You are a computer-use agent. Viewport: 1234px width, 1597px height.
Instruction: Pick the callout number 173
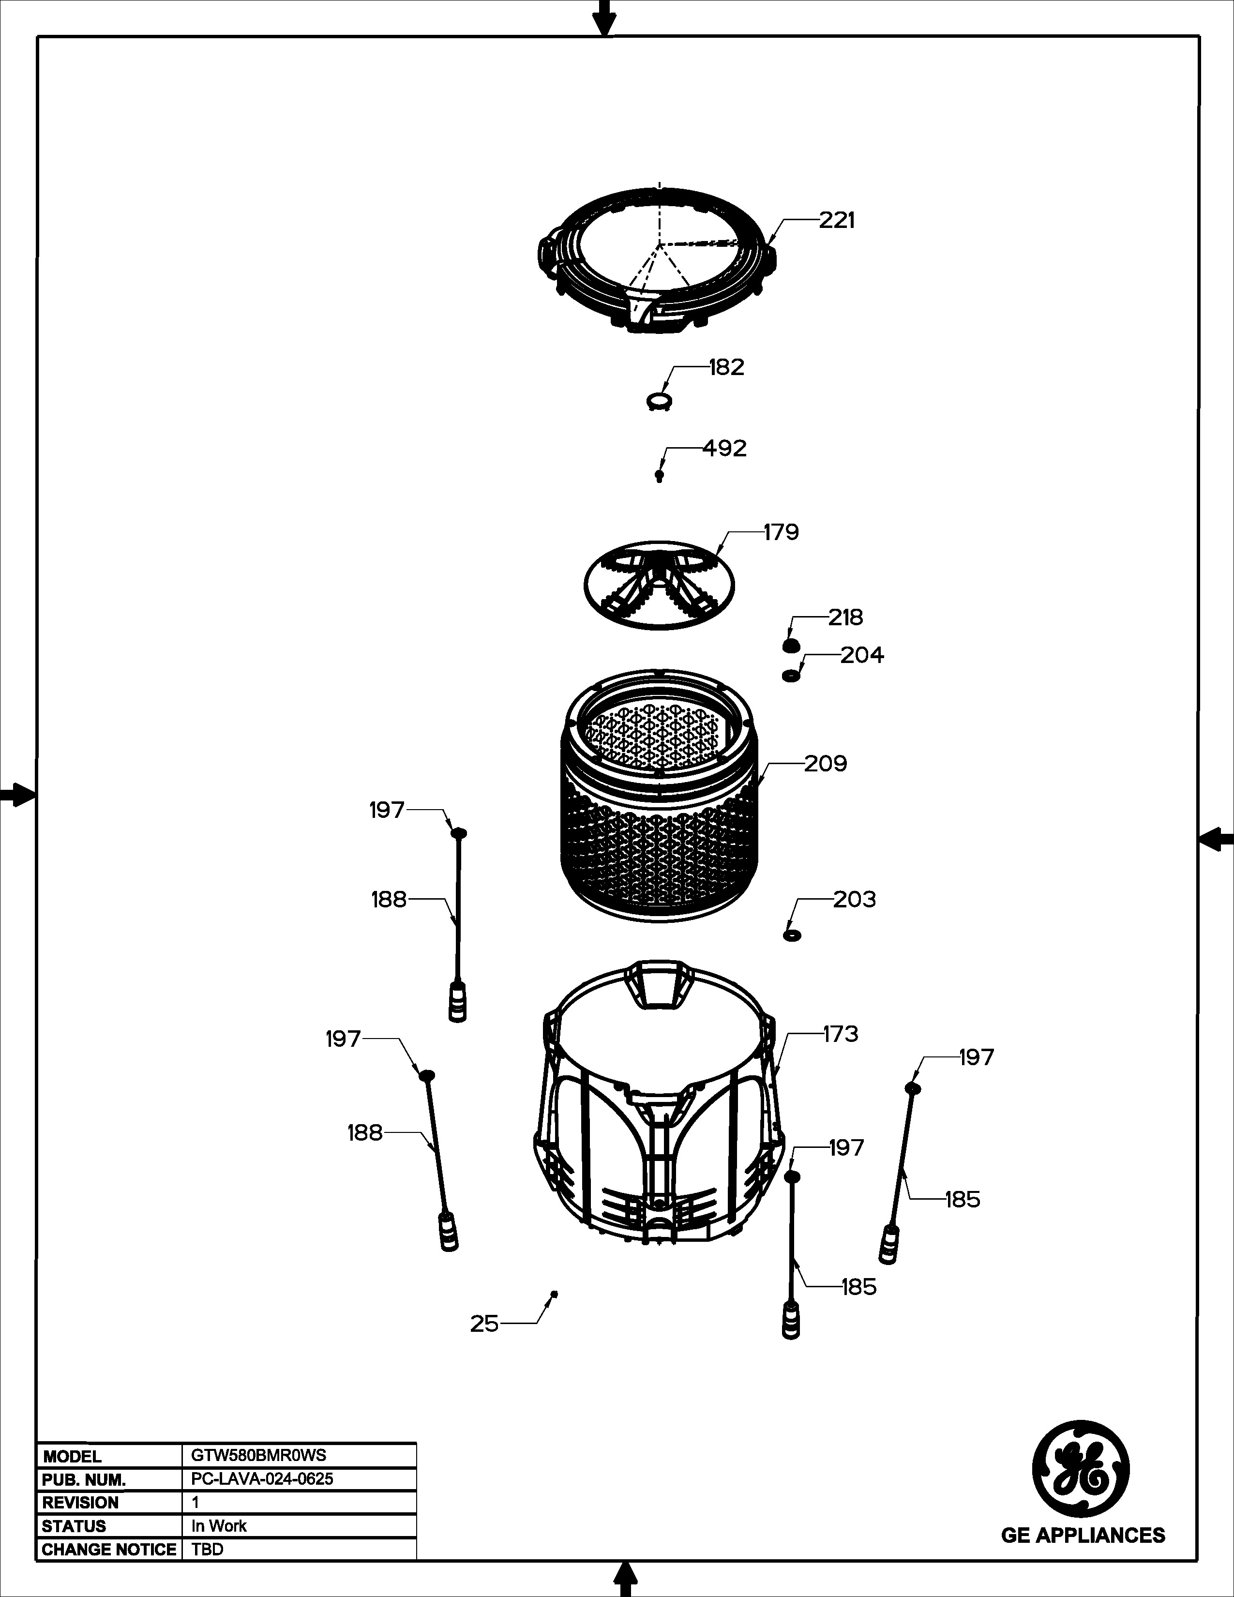pos(840,1034)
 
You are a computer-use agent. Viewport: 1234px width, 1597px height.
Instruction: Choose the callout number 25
pos(484,1324)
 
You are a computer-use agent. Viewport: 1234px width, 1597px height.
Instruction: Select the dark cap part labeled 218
pos(790,646)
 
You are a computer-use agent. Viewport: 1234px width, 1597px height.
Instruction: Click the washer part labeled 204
pos(790,676)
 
